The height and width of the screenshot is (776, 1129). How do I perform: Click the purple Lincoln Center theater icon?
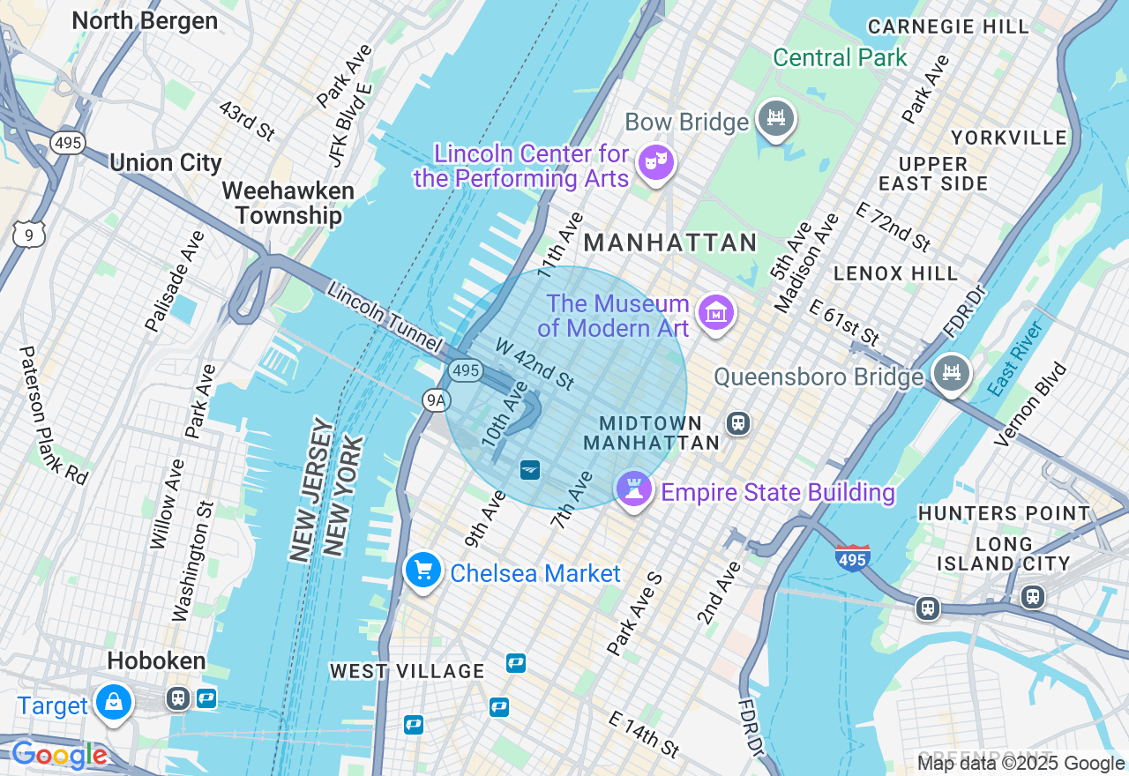point(655,162)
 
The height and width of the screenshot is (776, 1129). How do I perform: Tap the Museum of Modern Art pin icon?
point(715,312)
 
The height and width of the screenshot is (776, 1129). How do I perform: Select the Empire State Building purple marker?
point(633,489)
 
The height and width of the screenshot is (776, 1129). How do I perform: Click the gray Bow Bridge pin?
point(775,118)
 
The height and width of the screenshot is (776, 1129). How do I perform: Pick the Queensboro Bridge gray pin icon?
point(951,373)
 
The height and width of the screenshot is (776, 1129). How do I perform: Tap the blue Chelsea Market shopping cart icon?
point(423,570)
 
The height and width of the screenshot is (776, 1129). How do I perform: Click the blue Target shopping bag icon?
point(114,702)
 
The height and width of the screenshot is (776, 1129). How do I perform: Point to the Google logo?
point(60,755)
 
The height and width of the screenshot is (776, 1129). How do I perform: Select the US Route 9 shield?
point(29,234)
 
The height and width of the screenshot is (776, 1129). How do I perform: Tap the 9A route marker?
point(436,400)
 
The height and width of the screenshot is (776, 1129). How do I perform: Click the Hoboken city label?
point(156,660)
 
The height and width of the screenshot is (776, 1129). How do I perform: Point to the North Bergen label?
point(145,20)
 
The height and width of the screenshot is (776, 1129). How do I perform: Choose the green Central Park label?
point(840,58)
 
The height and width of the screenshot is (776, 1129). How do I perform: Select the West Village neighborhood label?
point(407,671)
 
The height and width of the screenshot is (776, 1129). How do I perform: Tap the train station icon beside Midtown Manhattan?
point(738,423)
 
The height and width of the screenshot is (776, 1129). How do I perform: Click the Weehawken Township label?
point(288,203)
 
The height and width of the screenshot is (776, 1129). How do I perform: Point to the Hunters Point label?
point(1004,513)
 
